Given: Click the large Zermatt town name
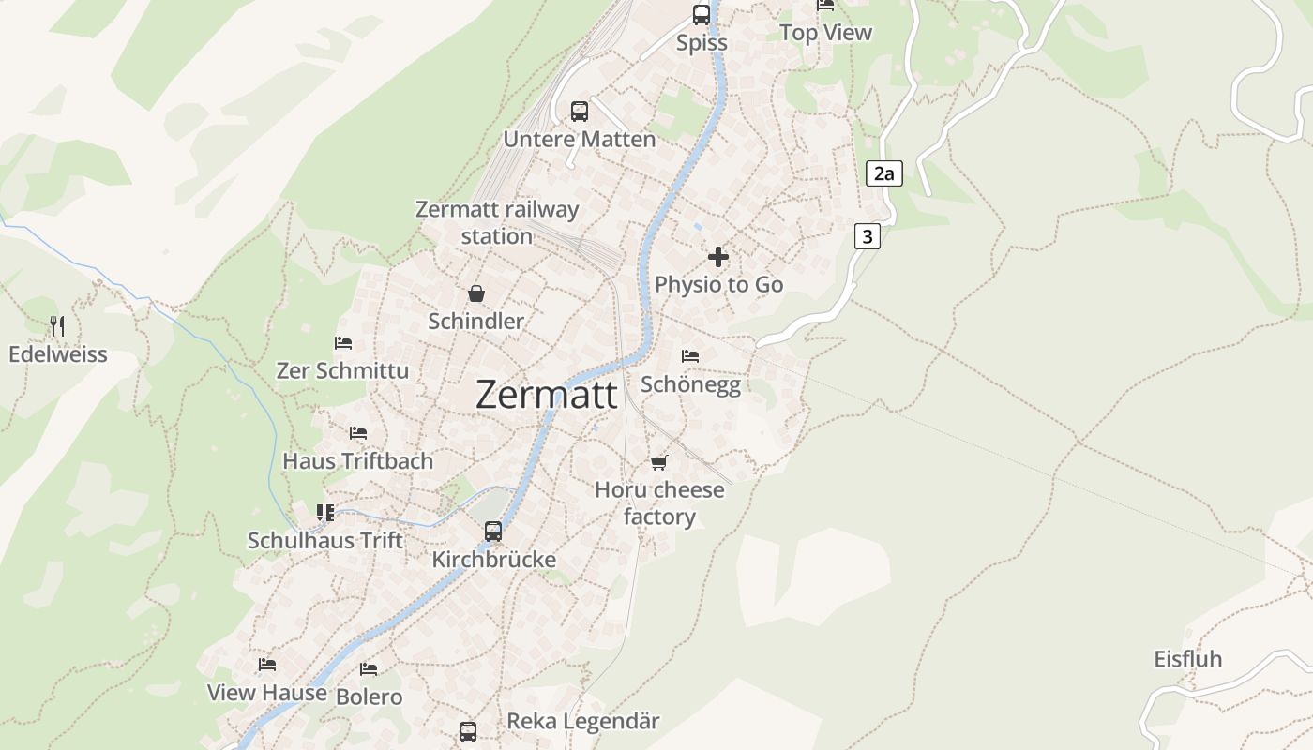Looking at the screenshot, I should click(547, 395).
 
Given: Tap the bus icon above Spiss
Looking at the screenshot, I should click(702, 14).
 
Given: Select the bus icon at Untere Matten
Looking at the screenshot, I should click(580, 112).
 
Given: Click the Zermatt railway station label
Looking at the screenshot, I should click(497, 222).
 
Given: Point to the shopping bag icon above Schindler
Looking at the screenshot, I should click(476, 293).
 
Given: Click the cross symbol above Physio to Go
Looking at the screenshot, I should click(718, 257).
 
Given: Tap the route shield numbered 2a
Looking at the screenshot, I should click(883, 173).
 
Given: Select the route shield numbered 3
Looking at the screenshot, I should click(868, 236).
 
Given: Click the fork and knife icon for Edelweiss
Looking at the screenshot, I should click(58, 326).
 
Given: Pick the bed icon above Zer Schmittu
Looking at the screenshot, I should click(343, 343).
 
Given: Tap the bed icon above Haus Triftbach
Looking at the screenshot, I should click(358, 432).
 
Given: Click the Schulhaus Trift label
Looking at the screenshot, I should click(325, 540).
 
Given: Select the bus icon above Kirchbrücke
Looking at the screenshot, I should click(493, 532).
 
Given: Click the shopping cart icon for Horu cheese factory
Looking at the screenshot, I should click(659, 462).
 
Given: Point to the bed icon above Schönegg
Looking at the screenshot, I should click(690, 356).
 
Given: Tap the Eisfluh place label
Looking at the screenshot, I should click(1188, 659).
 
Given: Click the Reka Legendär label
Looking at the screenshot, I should click(583, 721).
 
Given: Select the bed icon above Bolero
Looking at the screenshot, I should click(369, 669).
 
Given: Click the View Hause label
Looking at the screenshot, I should click(267, 693).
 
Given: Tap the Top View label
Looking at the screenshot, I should click(825, 33).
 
